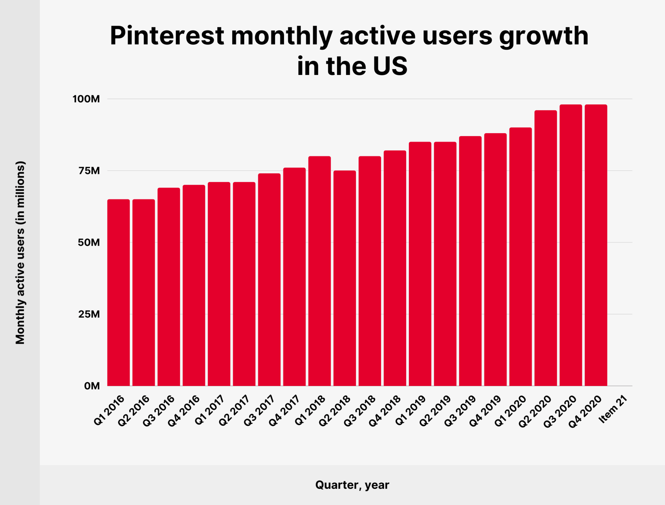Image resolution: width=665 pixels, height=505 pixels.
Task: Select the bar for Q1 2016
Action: click(x=119, y=292)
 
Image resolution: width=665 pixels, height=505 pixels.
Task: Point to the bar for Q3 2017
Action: click(x=269, y=279)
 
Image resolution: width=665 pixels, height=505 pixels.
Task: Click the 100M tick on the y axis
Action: click(x=86, y=99)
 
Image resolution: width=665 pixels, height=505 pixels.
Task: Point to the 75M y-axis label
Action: click(x=89, y=171)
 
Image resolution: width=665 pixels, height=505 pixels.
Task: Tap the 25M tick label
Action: click(x=89, y=314)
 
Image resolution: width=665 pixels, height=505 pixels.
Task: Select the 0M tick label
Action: click(x=92, y=386)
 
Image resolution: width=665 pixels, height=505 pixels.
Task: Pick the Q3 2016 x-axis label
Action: click(x=159, y=411)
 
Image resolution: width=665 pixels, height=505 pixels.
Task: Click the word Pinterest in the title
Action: click(x=167, y=36)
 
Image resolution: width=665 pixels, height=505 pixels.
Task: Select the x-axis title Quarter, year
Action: click(x=352, y=485)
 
